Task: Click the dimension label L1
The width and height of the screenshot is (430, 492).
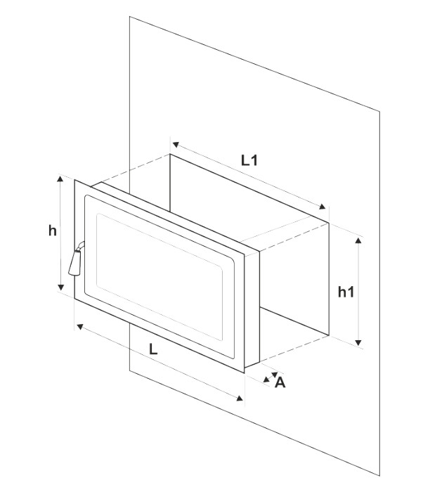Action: [x=249, y=160]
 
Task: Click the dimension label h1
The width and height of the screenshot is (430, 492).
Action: [x=346, y=292]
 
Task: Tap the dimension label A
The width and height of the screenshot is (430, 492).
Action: [x=280, y=382]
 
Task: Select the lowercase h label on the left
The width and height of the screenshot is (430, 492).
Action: [x=53, y=231]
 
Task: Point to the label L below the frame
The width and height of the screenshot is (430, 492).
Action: [x=153, y=349]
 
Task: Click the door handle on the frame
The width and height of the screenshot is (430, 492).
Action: [x=76, y=259]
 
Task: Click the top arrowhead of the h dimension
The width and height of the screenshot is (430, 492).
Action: [x=60, y=179]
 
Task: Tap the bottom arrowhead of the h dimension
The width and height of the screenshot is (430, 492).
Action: [x=61, y=287]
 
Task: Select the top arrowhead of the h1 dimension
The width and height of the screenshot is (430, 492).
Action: [x=358, y=240]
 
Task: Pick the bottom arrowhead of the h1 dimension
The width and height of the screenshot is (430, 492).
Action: [x=358, y=342]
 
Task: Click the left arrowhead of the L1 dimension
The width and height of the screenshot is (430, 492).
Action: [x=176, y=145]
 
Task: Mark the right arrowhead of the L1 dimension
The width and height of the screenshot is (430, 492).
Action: [x=322, y=207]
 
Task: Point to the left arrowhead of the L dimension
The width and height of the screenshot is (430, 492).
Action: [x=80, y=327]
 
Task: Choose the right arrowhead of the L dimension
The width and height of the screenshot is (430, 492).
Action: [x=240, y=399]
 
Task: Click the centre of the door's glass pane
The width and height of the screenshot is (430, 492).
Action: [x=159, y=277]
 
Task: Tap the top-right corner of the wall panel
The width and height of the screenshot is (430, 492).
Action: [x=380, y=111]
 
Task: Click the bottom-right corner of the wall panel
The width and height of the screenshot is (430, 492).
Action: [x=380, y=476]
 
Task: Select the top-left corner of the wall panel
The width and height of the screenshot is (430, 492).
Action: [x=129, y=17]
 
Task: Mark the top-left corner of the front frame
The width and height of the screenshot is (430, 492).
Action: [x=74, y=179]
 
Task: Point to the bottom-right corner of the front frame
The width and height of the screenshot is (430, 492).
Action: [x=245, y=373]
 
